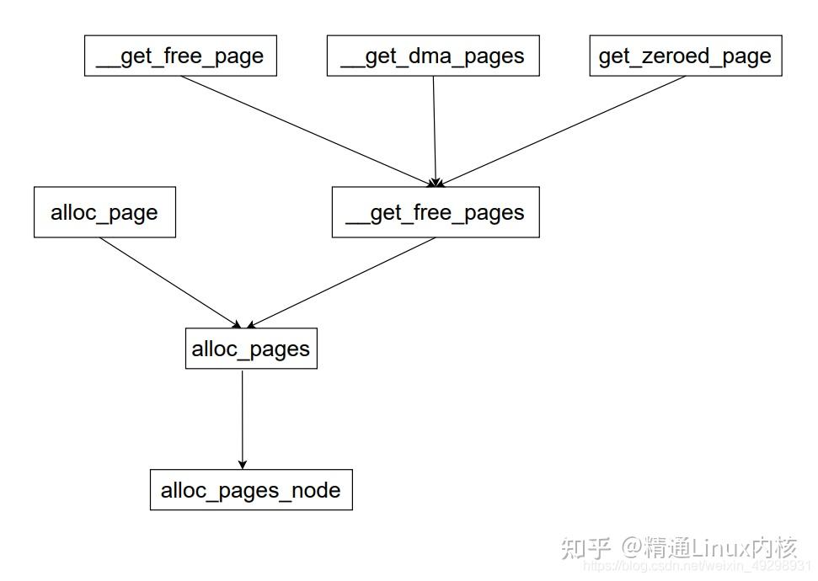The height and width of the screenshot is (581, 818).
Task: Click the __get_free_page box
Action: click(180, 56)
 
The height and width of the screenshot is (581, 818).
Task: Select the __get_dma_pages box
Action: click(433, 56)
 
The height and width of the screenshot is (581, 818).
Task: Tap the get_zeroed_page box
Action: click(685, 56)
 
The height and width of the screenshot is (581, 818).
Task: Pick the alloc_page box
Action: click(104, 212)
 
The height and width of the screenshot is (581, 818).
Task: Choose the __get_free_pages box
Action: click(436, 212)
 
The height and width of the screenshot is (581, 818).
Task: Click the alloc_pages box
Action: click(251, 349)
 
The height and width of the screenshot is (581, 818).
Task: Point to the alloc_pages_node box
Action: click(251, 490)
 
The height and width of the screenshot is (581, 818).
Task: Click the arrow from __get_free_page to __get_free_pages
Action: click(307, 131)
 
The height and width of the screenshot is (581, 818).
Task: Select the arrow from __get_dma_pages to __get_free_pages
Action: click(435, 131)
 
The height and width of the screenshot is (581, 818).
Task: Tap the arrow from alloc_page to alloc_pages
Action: click(168, 281)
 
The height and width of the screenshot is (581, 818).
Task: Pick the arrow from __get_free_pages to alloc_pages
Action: click(341, 283)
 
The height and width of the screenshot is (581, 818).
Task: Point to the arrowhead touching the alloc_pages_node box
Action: click(243, 464)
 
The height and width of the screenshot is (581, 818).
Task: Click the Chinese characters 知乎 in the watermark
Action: click(585, 548)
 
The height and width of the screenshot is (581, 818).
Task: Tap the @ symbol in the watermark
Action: click(632, 548)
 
